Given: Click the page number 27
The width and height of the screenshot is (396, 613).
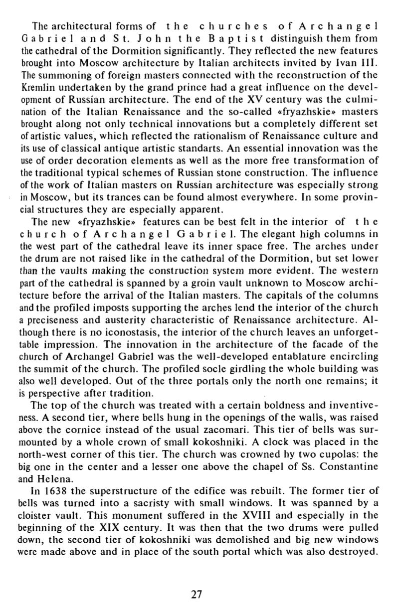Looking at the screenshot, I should [x=198, y=594].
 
